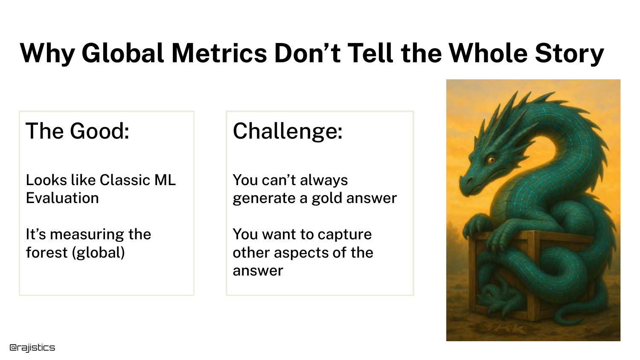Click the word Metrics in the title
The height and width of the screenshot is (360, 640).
(x=219, y=53)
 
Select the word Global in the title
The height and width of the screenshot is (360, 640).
(x=123, y=53)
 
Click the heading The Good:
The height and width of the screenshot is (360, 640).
(x=77, y=131)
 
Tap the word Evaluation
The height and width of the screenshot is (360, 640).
(x=62, y=198)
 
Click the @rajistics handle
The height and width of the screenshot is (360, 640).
(x=32, y=348)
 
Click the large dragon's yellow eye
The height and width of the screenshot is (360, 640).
(x=492, y=160)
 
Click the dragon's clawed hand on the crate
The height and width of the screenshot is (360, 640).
(x=475, y=226)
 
